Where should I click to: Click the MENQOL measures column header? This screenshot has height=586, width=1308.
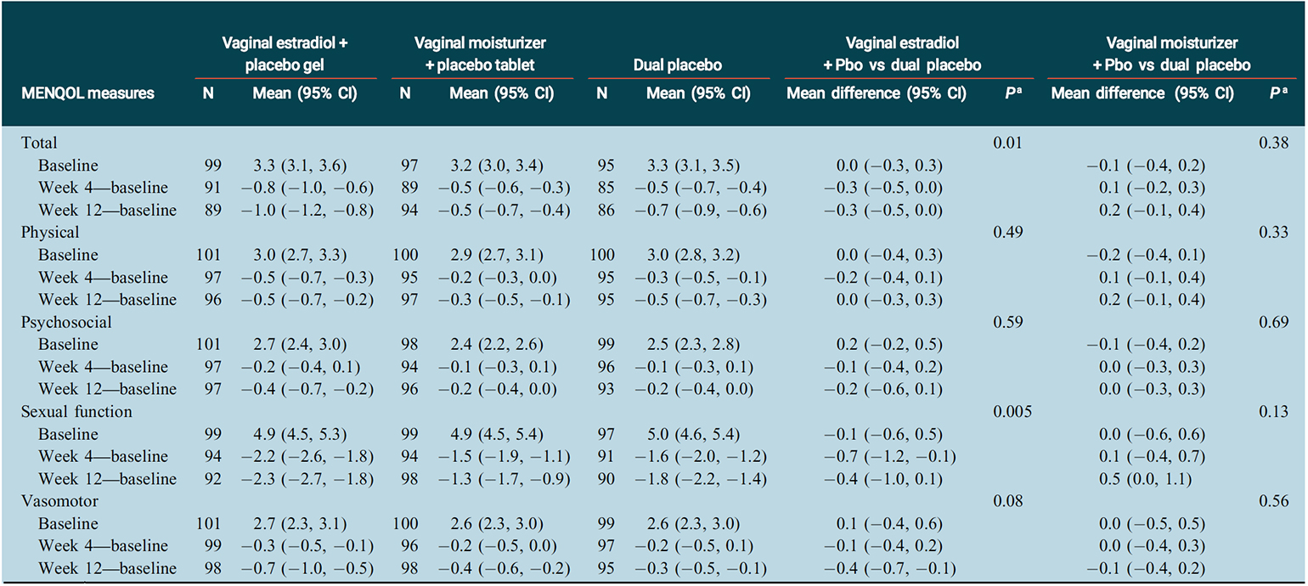87,93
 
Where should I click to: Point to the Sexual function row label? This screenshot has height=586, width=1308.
76,412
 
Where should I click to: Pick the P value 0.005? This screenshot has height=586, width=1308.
1012,412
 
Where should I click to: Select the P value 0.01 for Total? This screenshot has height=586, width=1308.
1008,144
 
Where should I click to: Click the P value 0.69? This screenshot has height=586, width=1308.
1273,323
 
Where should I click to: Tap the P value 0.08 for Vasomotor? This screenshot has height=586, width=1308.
1008,502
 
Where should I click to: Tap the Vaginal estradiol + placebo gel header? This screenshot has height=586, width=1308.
285,54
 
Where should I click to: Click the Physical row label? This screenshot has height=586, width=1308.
50,233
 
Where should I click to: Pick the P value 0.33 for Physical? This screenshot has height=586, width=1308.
1273,233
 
